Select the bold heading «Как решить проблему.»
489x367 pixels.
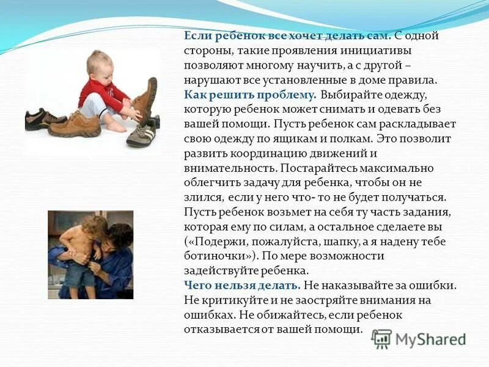click(249, 95)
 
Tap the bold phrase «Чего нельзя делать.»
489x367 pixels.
click(241, 286)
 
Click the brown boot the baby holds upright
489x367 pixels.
click(145, 98)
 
